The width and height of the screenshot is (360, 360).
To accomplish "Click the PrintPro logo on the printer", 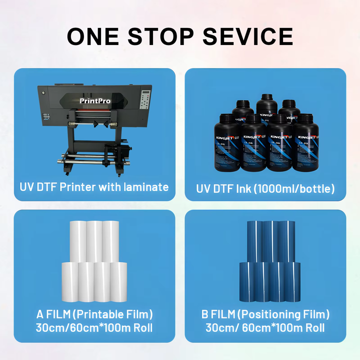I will point(95,101).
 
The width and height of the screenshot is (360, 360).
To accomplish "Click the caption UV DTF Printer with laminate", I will point(94,187).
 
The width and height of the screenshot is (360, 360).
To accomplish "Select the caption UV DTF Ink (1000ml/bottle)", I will point(265,188).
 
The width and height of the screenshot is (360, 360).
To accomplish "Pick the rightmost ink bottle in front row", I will point(305,145).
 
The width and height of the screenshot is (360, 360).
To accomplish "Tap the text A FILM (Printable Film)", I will point(94,314).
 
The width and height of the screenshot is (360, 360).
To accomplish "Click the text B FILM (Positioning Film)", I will point(265,314).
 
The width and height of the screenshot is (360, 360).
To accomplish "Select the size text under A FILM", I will point(94,328).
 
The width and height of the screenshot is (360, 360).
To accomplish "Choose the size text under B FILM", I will point(265,328).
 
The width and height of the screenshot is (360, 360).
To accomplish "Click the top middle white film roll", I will point(94,240).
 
